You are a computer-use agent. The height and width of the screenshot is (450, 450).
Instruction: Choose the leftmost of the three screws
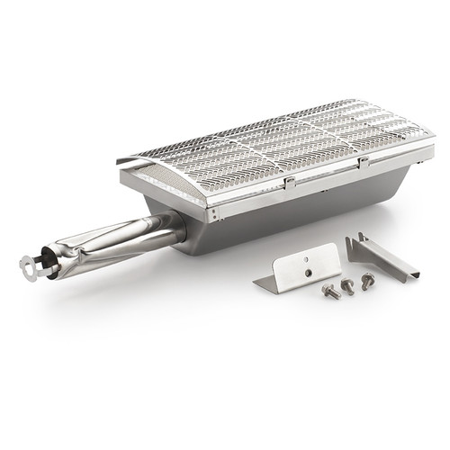click(330, 292)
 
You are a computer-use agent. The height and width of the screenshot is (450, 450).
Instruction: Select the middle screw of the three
click(347, 285)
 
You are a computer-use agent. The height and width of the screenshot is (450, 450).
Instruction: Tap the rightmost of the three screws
click(367, 281)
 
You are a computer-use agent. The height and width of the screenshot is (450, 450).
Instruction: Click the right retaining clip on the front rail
click(363, 163)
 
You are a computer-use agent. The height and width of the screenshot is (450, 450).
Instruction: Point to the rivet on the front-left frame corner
click(213, 215)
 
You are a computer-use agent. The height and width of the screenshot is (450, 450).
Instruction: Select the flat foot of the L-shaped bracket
click(270, 283)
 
